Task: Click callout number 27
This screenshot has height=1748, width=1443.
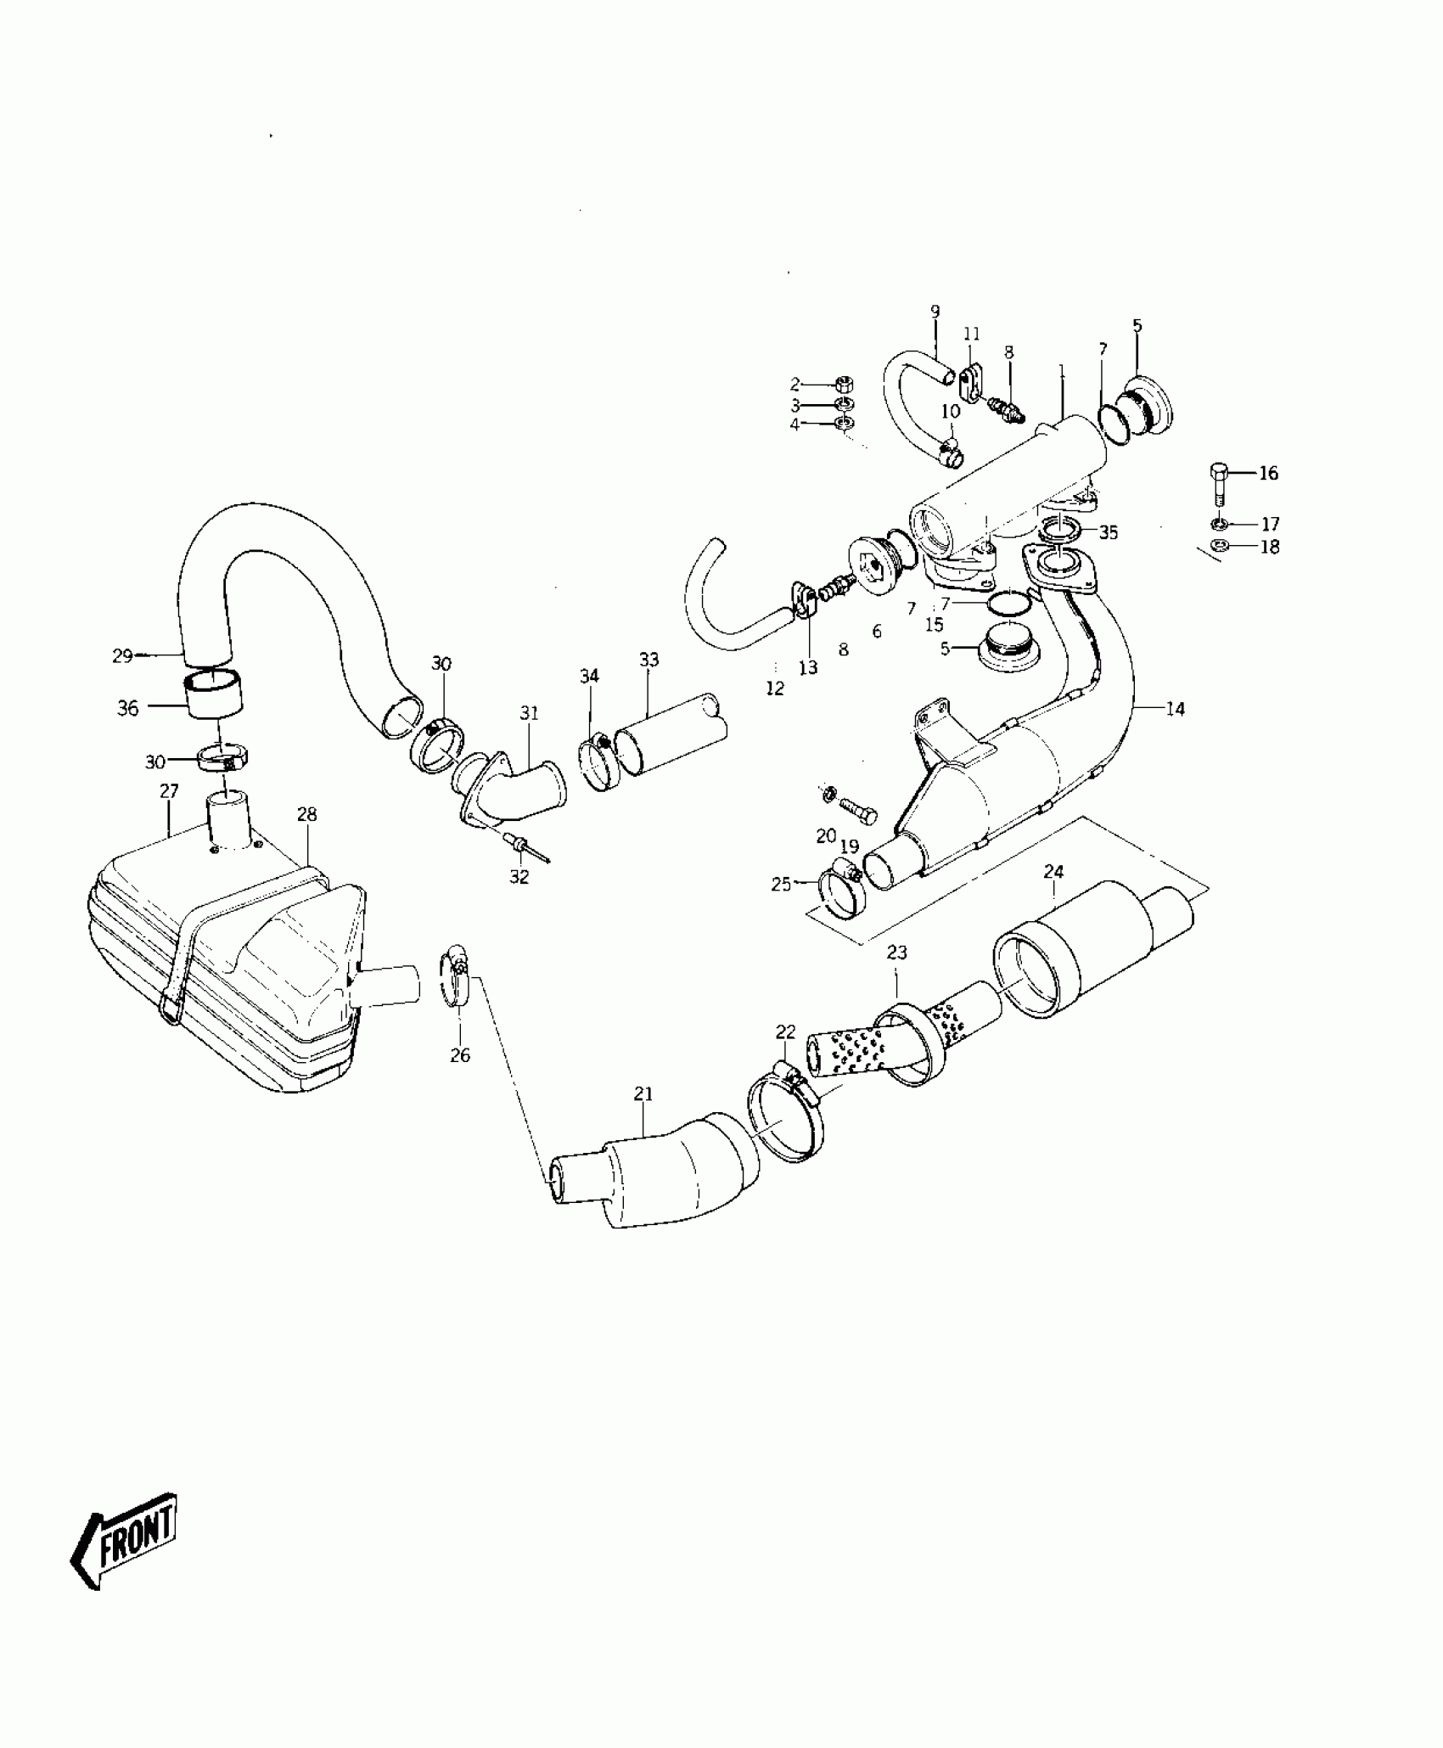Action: [169, 791]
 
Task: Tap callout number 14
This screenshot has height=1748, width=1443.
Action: [1175, 709]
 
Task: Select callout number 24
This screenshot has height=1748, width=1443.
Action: [1053, 872]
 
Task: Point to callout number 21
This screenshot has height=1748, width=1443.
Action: [643, 1093]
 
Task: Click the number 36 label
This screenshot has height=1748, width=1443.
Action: [127, 708]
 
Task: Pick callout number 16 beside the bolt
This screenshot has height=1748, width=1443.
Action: [1268, 473]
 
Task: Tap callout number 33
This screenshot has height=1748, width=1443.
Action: [649, 660]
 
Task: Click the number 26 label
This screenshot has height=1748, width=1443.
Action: [459, 1055]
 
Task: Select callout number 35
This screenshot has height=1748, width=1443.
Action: [1109, 532]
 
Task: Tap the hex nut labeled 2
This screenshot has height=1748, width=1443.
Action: [845, 383]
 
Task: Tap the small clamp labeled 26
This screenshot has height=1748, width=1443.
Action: [454, 979]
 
